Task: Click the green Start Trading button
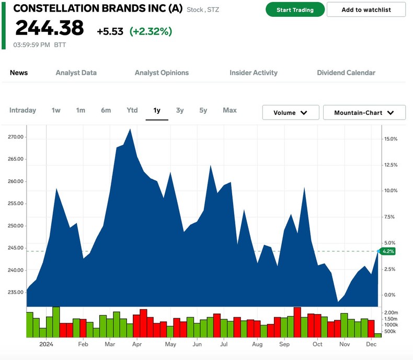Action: (x=295, y=10)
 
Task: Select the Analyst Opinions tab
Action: (x=162, y=73)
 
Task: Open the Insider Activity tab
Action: (x=254, y=73)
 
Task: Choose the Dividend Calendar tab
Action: (x=346, y=73)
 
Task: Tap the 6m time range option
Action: (x=106, y=110)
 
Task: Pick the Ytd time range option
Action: (x=132, y=110)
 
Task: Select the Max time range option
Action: (x=230, y=110)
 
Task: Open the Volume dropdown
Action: (x=291, y=112)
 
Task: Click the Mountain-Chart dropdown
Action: (x=364, y=112)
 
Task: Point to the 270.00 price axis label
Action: (x=16, y=137)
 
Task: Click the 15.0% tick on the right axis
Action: (x=391, y=139)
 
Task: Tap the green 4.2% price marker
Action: (x=388, y=251)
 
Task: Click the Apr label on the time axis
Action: (x=137, y=344)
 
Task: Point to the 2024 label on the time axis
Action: (x=47, y=344)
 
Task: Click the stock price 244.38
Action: (x=49, y=28)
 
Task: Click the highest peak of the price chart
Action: (x=130, y=129)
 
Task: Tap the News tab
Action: (x=19, y=73)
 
